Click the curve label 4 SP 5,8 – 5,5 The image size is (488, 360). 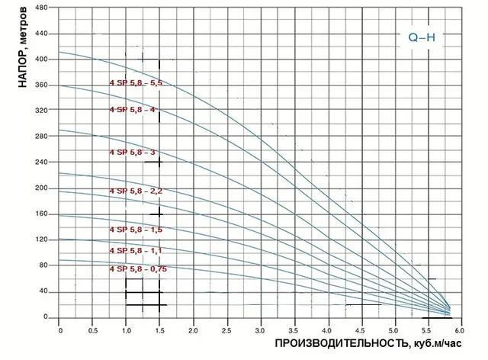pos(136,83)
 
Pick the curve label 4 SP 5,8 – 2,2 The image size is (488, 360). pos(136,191)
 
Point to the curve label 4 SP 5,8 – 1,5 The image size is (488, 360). pos(136,230)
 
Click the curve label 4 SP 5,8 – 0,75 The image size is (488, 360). pos(137,268)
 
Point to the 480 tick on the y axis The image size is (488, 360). pos(42,8)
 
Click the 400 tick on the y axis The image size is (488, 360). pos(42,59)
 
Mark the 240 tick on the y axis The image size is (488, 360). pos(42,162)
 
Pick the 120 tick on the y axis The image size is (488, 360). pos(42,240)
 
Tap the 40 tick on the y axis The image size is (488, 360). pos(43,291)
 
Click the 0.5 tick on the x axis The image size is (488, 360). pos(93,331)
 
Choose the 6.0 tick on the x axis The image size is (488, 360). pos(461,331)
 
